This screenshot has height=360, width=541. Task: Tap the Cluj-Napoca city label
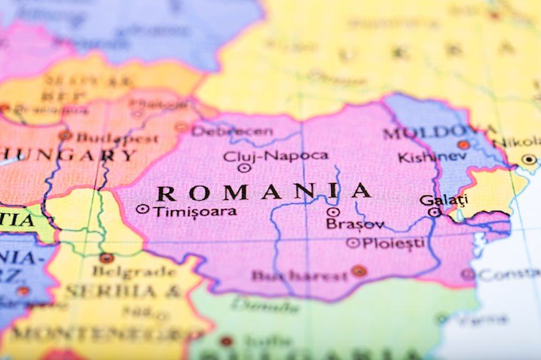coord(276,155)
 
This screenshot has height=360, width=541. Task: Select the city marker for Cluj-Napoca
coord(244,168)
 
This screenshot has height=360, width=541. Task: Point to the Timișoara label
coord(195,211)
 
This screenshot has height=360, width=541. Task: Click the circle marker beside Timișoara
coord(142,209)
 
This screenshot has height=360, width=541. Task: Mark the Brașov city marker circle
coord(333,212)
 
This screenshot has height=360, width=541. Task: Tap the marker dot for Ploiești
coord(352,243)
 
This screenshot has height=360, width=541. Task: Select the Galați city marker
coord(435,212)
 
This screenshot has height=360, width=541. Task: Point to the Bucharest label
coord(299,275)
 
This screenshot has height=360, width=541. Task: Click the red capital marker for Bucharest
coord(359,270)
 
